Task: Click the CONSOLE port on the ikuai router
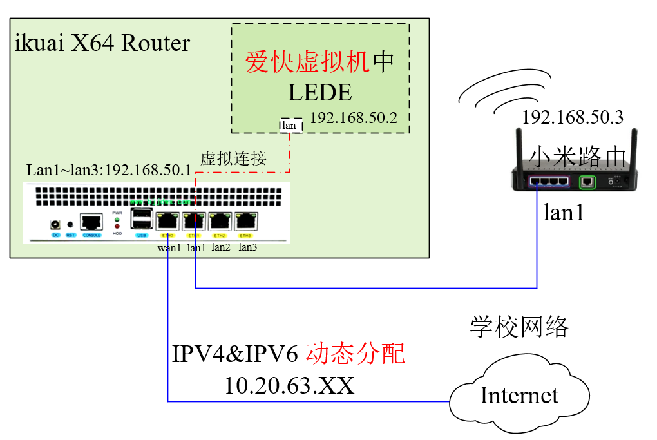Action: (91, 223)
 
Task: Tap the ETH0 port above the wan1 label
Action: (167, 222)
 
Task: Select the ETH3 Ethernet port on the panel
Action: (245, 222)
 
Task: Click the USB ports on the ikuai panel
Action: (142, 220)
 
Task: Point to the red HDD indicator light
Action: (117, 227)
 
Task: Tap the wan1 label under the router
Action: (169, 247)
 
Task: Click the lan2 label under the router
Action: (221, 247)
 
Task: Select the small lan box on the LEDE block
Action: (289, 126)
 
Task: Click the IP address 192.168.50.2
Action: (354, 119)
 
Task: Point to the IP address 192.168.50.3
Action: (573, 118)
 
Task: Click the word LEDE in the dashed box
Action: (320, 93)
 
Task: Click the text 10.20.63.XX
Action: (289, 385)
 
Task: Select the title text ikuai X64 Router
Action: (102, 43)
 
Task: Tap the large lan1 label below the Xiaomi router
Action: (564, 212)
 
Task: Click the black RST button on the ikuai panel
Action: (71, 225)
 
